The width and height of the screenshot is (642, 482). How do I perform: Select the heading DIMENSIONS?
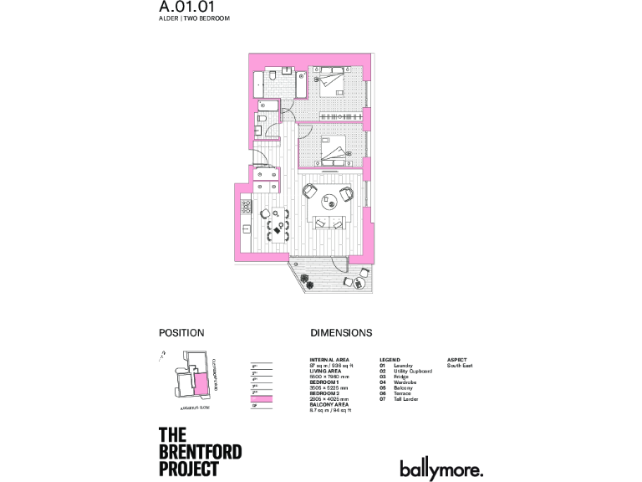pyautogui.click(x=341, y=333)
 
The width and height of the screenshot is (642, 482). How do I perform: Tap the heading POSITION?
pyautogui.click(x=181, y=333)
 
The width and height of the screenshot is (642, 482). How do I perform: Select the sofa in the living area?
pyautogui.click(x=330, y=222)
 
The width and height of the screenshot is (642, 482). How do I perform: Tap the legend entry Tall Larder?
pyautogui.click(x=405, y=400)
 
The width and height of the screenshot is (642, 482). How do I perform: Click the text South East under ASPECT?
pyautogui.click(x=460, y=366)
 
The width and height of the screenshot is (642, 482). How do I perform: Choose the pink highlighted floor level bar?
pyautogui.click(x=261, y=400)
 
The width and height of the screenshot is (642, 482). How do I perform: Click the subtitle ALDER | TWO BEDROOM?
pyautogui.click(x=194, y=18)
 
